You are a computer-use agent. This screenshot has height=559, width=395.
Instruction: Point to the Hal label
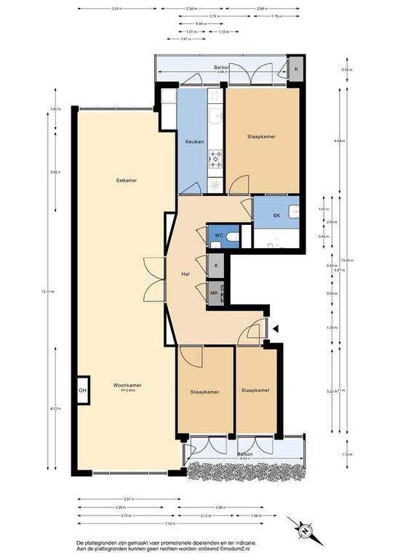click(x=185, y=275)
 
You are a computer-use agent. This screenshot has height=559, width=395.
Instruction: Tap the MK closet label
click(x=215, y=293)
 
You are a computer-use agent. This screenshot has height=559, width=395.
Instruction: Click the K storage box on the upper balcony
click(x=296, y=69)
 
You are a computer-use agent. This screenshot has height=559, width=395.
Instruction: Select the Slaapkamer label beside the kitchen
click(x=261, y=136)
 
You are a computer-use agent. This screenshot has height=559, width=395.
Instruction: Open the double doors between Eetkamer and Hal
click(x=154, y=279)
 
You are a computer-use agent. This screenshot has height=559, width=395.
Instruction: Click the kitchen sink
click(x=215, y=116)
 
